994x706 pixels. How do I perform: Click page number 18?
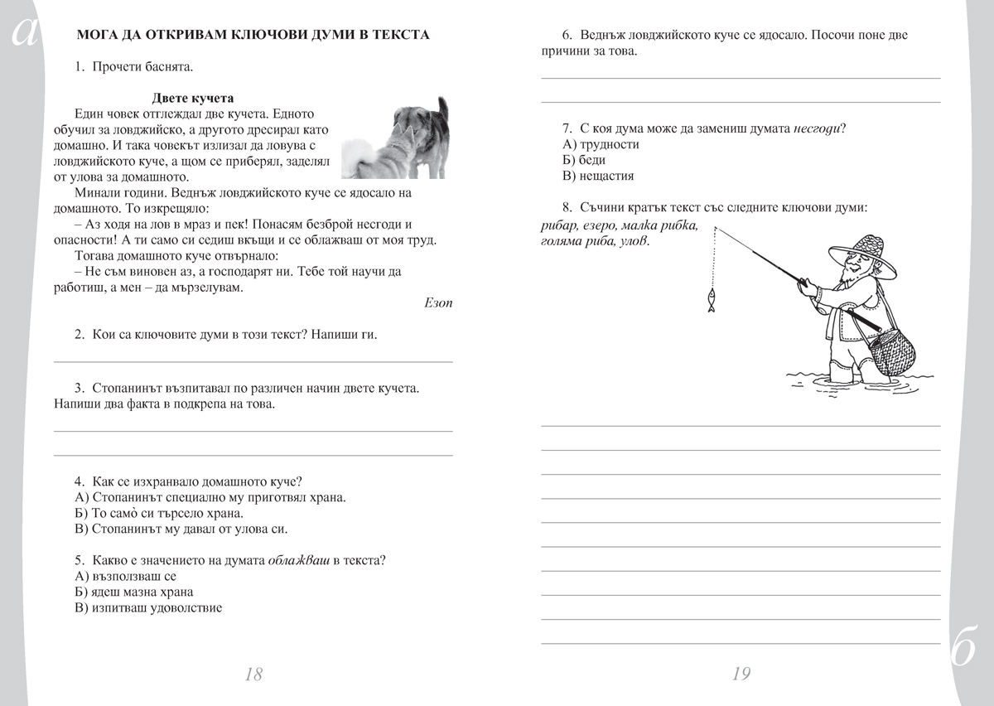point(253,674)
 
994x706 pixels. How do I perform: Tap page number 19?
point(741,674)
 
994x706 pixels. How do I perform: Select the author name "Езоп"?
point(437,302)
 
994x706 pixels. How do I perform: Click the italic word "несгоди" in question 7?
point(818,128)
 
